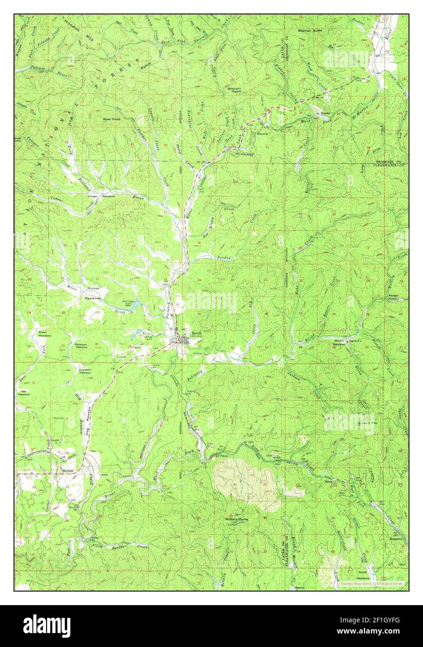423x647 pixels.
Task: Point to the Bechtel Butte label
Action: tap(310, 30)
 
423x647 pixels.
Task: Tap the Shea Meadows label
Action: tap(45, 333)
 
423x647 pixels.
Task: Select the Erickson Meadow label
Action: tap(85, 371)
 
